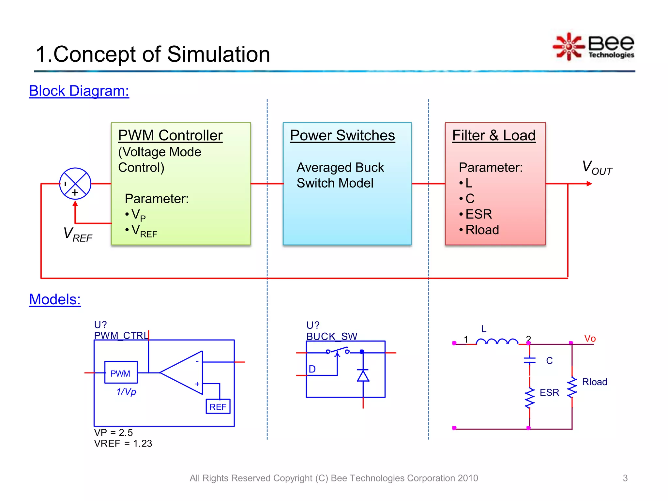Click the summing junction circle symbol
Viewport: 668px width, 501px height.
pyautogui.click(x=75, y=184)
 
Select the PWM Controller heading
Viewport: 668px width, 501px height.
pyautogui.click(x=170, y=135)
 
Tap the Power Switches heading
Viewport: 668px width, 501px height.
pyautogui.click(x=342, y=135)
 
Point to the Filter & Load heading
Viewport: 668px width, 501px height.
pyautogui.click(x=494, y=135)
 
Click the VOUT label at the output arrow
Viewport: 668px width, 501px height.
pyautogui.click(x=597, y=168)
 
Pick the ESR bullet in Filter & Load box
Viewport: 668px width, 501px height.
pyautogui.click(x=478, y=214)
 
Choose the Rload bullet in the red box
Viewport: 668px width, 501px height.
pyautogui.click(x=482, y=230)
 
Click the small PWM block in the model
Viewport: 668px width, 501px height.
pyautogui.click(x=121, y=372)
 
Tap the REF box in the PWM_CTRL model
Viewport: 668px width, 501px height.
pyautogui.click(x=218, y=406)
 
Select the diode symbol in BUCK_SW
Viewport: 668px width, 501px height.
pyautogui.click(x=363, y=375)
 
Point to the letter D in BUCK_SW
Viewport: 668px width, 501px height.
pyautogui.click(x=312, y=369)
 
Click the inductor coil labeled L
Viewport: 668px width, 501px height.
pyautogui.click(x=497, y=341)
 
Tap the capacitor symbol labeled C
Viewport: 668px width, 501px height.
pyautogui.click(x=529, y=360)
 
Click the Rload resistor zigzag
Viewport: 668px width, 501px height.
pyautogui.click(x=572, y=387)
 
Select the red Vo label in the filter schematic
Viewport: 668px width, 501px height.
pyautogui.click(x=590, y=339)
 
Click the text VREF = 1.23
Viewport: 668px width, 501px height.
pyautogui.click(x=123, y=444)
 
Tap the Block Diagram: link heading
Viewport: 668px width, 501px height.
pyautogui.click(x=79, y=91)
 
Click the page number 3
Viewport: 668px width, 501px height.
pyautogui.click(x=625, y=478)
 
